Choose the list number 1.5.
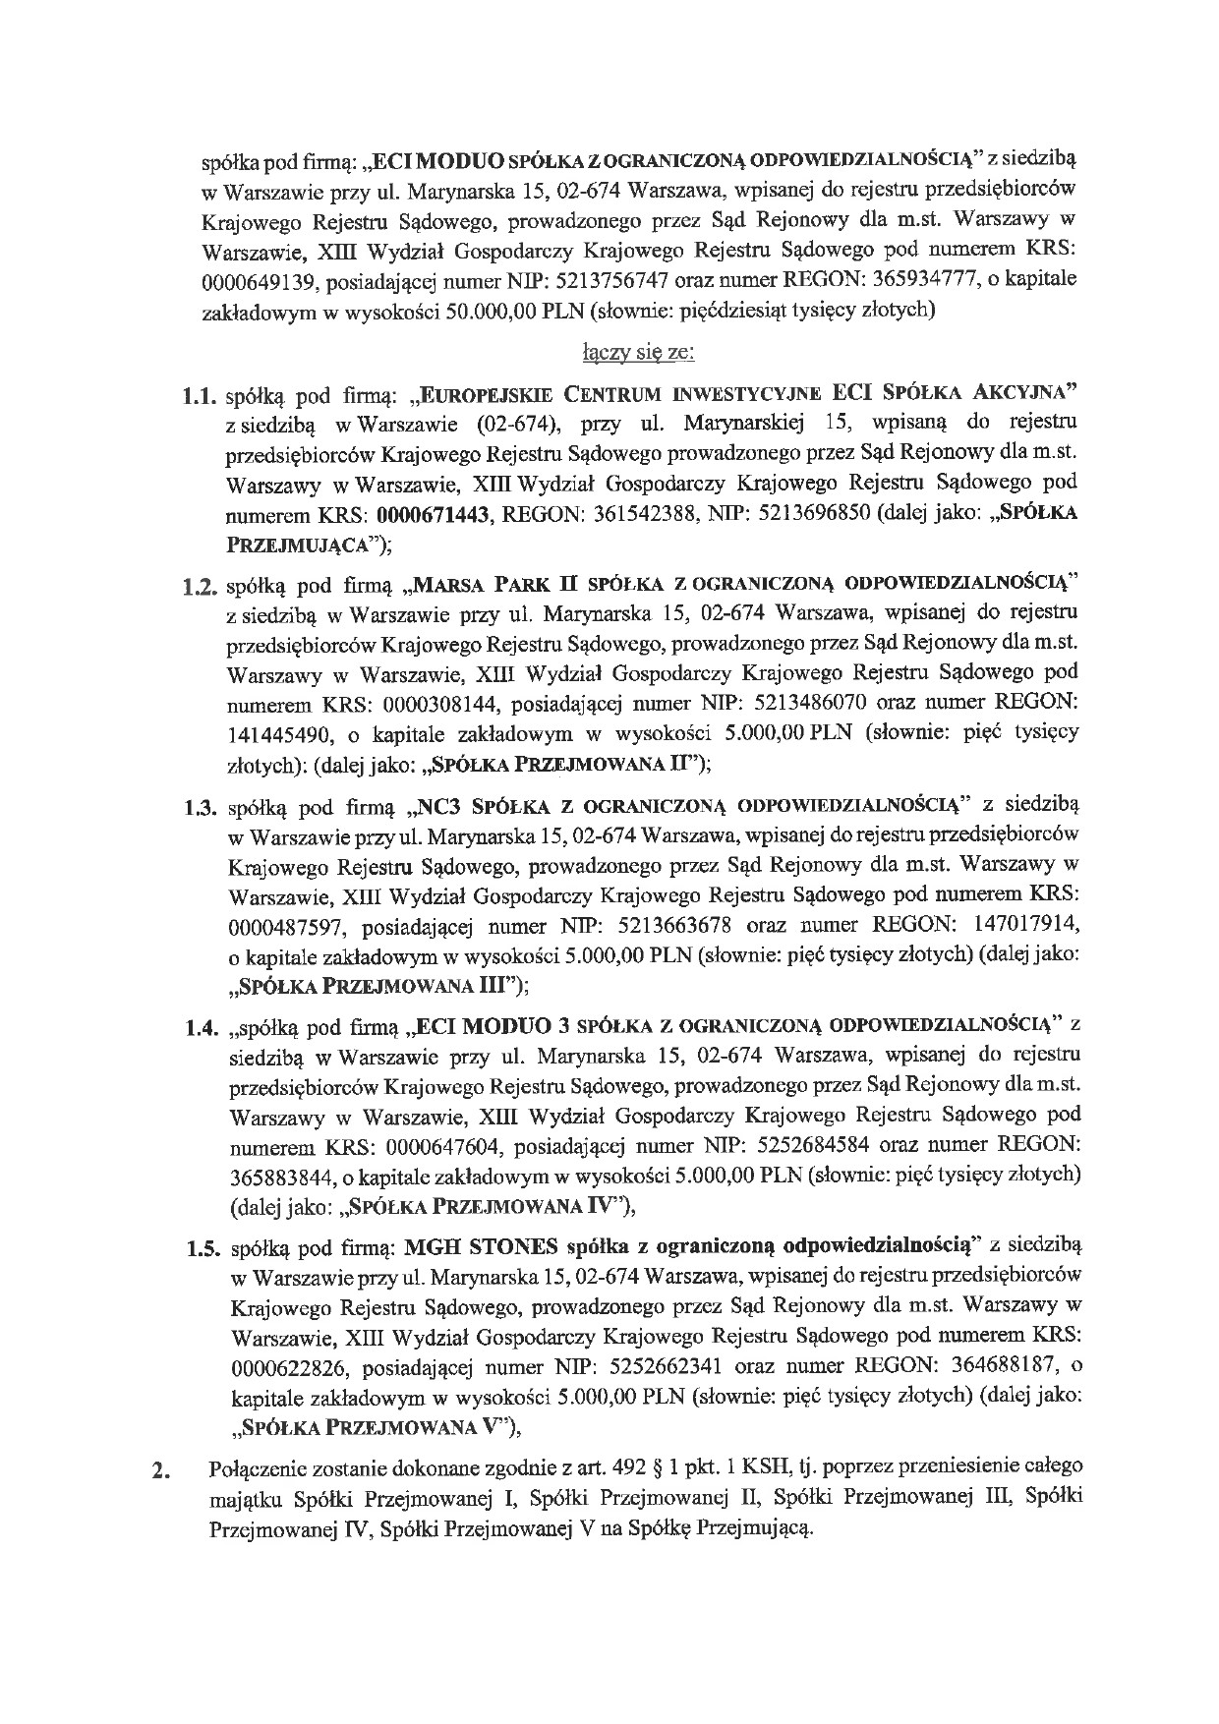[x=200, y=1249]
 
